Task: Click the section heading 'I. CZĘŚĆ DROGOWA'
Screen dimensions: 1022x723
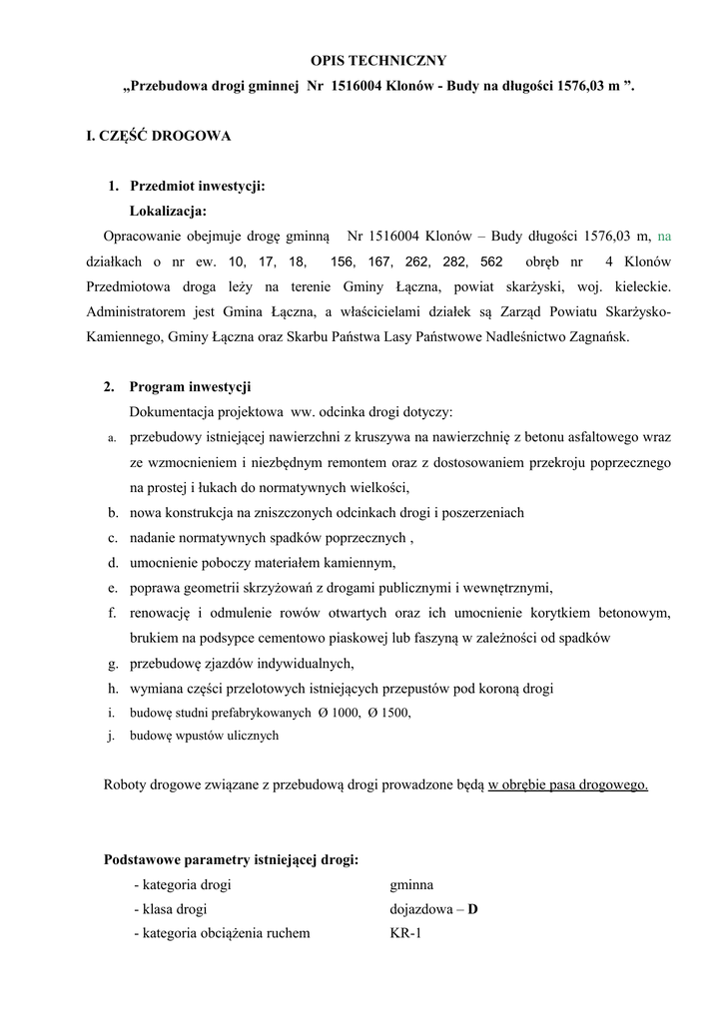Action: (159, 135)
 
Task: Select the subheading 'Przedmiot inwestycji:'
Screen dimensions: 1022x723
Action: (197, 186)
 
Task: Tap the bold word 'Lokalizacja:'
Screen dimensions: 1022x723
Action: (168, 211)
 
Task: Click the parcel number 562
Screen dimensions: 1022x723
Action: (491, 261)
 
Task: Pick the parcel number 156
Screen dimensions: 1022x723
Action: (342, 261)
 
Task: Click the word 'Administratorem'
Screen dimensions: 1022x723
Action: (136, 312)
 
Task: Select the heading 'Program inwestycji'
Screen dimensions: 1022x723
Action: (190, 386)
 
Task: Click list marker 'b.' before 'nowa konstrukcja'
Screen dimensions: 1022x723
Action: (114, 512)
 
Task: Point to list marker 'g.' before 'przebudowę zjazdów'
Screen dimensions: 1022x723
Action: (113, 663)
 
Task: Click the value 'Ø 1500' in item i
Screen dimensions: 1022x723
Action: (388, 713)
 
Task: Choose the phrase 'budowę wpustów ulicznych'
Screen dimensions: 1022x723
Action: (204, 737)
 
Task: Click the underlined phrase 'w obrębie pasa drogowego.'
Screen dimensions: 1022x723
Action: (567, 784)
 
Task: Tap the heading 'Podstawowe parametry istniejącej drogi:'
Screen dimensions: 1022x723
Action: (232, 859)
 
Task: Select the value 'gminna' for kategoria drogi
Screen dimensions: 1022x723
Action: (411, 884)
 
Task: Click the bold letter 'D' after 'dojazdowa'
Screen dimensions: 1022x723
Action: (473, 909)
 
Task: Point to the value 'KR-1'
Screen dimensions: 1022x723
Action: (405, 934)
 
